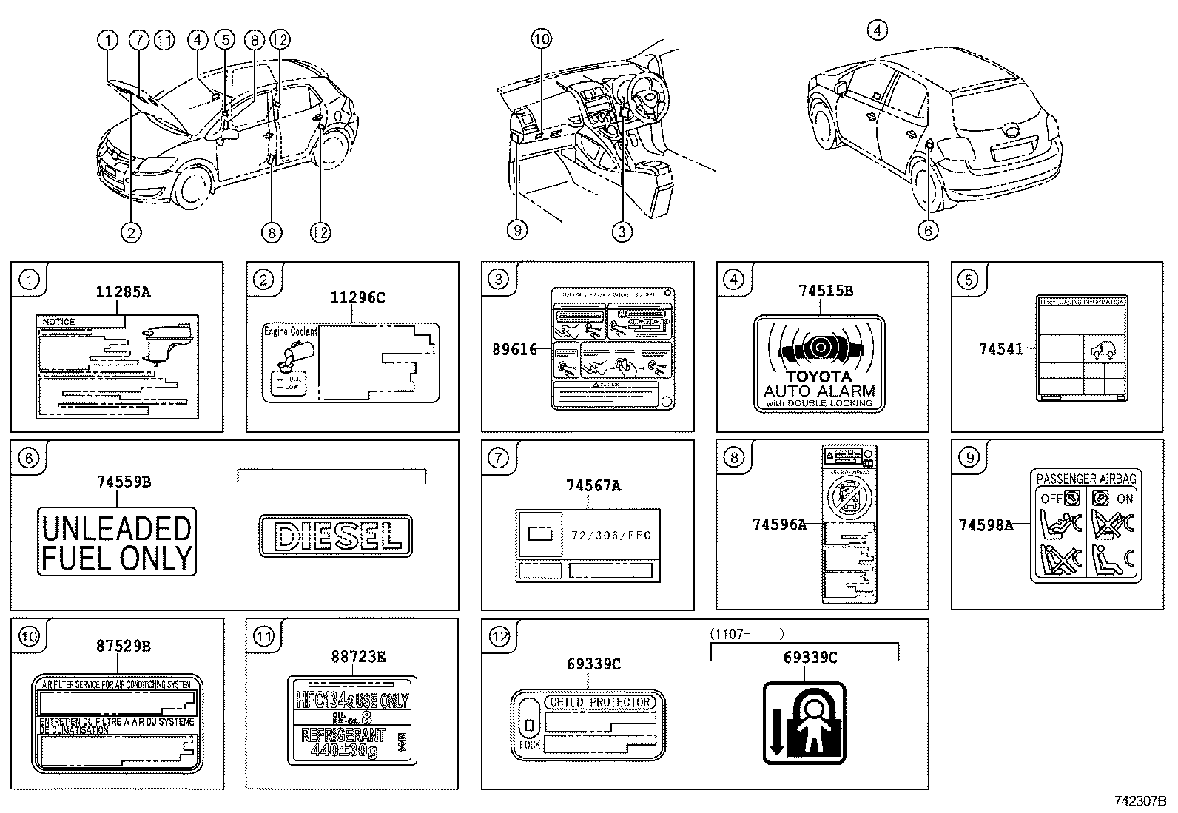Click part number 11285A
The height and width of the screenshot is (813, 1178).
pos(123,292)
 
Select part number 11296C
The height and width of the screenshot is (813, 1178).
pos(357,298)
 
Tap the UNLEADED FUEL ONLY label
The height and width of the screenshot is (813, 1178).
pos(117,542)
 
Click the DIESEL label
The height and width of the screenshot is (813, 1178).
pos(335,536)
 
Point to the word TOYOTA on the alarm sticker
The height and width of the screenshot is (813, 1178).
pos(818,377)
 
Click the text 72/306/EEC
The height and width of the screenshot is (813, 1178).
pos(611,535)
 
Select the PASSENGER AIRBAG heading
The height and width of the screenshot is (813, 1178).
pos(1086,479)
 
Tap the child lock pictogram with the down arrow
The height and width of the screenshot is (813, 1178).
pos(804,723)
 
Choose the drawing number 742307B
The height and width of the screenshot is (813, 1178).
pos(1140,801)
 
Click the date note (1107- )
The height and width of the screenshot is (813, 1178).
pos(747,634)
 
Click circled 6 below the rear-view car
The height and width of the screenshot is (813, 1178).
pos(928,231)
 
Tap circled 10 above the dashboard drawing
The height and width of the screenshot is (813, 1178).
pos(542,39)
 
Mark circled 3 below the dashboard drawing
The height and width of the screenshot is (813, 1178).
pos(622,232)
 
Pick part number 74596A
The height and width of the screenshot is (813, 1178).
pos(778,524)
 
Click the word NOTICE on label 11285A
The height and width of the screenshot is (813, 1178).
pos(59,322)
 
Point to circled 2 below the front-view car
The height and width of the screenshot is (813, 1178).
pos(130,232)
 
